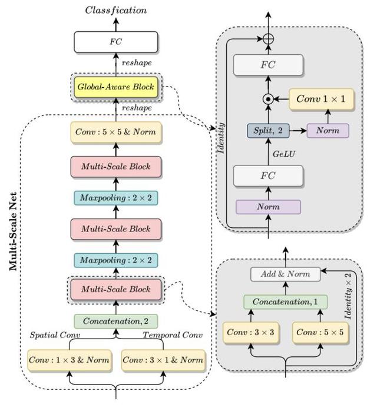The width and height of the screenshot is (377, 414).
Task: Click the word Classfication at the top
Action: click(x=116, y=10)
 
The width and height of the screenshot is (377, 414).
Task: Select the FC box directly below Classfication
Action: click(x=116, y=42)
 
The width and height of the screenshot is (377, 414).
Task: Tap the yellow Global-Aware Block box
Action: click(x=116, y=87)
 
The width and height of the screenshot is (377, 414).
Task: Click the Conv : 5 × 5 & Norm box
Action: click(x=116, y=132)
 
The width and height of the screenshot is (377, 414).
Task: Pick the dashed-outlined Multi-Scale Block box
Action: click(x=116, y=289)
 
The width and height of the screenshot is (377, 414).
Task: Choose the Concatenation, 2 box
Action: click(x=116, y=322)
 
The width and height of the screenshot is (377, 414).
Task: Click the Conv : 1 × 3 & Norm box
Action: click(x=70, y=360)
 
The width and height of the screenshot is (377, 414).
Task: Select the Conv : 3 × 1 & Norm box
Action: click(x=163, y=360)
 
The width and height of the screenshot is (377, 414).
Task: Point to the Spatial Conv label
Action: click(x=55, y=335)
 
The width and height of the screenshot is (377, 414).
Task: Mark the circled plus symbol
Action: click(x=269, y=38)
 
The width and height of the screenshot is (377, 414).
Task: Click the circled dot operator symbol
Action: click(x=269, y=100)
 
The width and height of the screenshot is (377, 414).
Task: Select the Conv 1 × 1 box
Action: click(x=322, y=99)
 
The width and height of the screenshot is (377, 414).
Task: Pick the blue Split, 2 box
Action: click(x=269, y=130)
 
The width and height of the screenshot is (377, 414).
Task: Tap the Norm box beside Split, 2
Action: click(x=328, y=130)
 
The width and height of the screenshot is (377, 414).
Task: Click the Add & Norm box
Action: click(x=285, y=274)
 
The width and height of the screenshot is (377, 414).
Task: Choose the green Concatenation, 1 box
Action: click(x=285, y=302)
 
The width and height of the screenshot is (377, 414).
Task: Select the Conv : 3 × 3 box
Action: click(x=251, y=332)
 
